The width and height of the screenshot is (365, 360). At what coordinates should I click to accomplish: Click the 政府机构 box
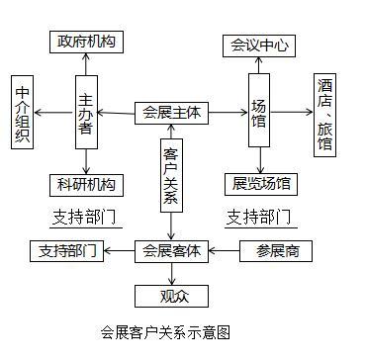point(85,42)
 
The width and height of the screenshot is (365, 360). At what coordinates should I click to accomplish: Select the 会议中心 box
point(259,45)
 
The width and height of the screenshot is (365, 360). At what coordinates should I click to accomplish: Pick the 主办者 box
point(86,109)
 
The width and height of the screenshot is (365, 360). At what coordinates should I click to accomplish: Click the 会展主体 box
point(171,113)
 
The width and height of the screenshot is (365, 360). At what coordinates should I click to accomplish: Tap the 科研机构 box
point(85,184)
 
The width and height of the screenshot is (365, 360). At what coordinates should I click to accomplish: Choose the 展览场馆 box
point(260,184)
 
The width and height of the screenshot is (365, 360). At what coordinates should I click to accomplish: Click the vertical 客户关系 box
point(171,174)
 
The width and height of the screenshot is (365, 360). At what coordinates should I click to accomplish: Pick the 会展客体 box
point(171,251)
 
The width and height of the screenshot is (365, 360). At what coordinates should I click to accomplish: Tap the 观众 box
point(171,295)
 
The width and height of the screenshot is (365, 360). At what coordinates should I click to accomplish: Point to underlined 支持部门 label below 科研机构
point(84,217)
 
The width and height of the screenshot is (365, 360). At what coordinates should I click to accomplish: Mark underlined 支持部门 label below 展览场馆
point(259,217)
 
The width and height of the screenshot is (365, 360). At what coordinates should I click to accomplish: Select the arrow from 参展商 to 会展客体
point(224,251)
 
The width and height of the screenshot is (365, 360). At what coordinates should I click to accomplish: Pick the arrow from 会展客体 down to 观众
point(171,272)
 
